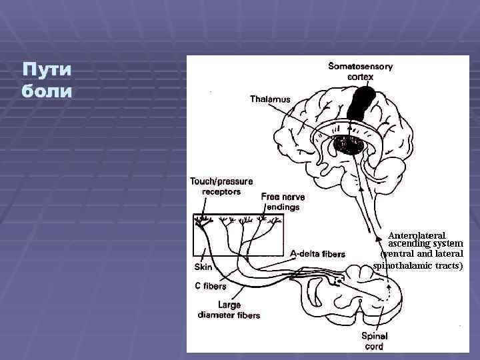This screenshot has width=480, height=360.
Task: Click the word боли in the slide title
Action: point(46,89)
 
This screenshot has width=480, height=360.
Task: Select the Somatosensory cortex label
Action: point(360,71)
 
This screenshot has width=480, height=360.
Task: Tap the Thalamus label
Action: point(270,99)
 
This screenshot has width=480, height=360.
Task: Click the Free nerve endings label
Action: point(280,202)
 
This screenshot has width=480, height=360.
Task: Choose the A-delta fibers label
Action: point(318,254)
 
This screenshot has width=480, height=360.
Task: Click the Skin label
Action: point(203,267)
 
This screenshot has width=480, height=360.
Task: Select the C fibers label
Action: point(211,286)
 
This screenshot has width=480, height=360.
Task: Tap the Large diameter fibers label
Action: point(229,310)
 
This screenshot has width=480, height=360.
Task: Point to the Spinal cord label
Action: point(374,341)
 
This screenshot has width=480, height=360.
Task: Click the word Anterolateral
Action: point(417,235)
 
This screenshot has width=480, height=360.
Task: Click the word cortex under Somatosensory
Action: point(361,77)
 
